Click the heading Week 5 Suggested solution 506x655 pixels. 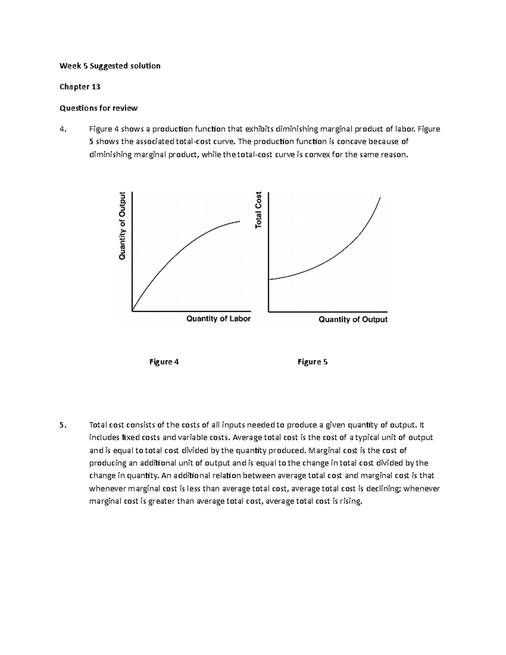click(110, 66)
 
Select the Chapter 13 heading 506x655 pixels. click(80, 87)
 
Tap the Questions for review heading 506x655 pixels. click(99, 108)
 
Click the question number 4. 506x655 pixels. click(63, 129)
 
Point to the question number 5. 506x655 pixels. click(63, 425)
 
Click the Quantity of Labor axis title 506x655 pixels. click(218, 319)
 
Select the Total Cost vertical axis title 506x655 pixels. click(258, 210)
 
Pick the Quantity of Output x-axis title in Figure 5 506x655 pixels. click(353, 319)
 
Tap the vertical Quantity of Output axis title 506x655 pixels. click(122, 226)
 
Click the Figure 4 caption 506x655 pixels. click(164, 362)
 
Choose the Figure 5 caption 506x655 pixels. click(312, 362)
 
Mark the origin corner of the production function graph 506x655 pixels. click(132, 311)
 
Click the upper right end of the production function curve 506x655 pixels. click(240, 221)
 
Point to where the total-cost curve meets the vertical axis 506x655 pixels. click(269, 279)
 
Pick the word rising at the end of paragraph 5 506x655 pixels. click(351, 501)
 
